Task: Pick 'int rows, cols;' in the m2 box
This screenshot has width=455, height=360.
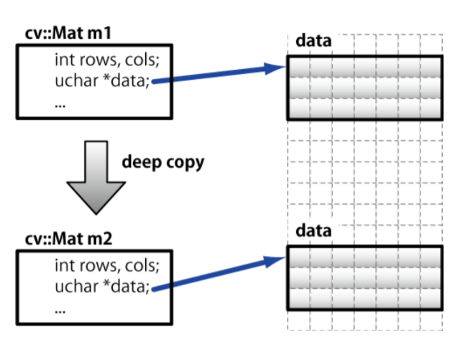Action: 100,267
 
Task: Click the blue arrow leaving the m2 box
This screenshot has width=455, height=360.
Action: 216,275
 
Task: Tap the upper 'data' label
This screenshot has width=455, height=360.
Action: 313,41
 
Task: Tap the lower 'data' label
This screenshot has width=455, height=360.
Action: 313,231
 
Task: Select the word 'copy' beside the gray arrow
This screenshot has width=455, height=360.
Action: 184,162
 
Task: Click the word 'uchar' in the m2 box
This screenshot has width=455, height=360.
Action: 73,287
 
